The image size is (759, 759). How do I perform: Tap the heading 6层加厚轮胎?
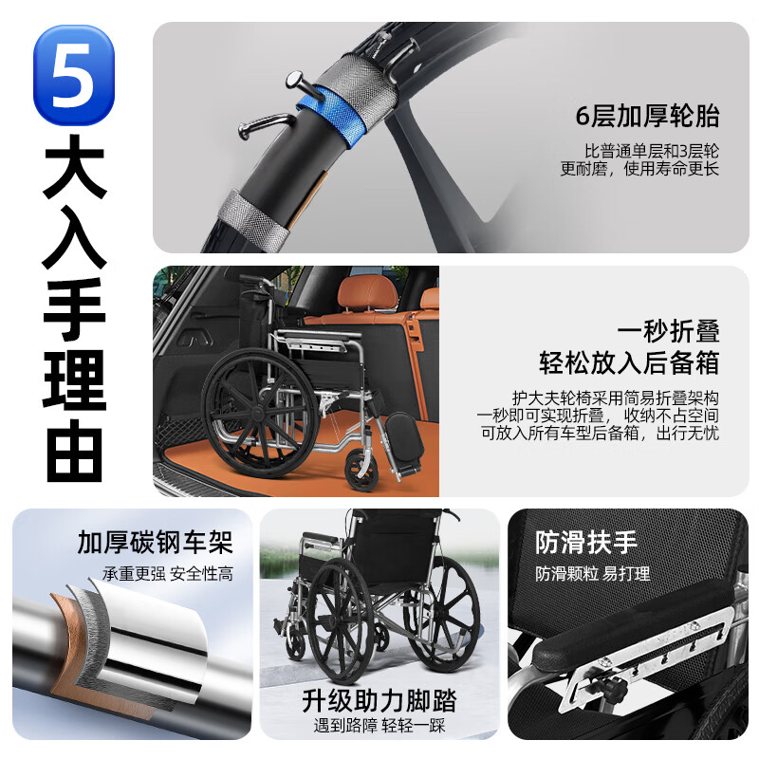point(647,117)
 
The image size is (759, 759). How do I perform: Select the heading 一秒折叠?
point(668,331)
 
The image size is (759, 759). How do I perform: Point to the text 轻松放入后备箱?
point(629,363)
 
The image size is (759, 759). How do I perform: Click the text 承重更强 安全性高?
point(168,573)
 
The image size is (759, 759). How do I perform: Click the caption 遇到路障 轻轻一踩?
point(379,727)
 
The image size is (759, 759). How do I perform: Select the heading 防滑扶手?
point(585,543)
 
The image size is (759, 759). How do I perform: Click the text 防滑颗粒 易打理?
point(592,573)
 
